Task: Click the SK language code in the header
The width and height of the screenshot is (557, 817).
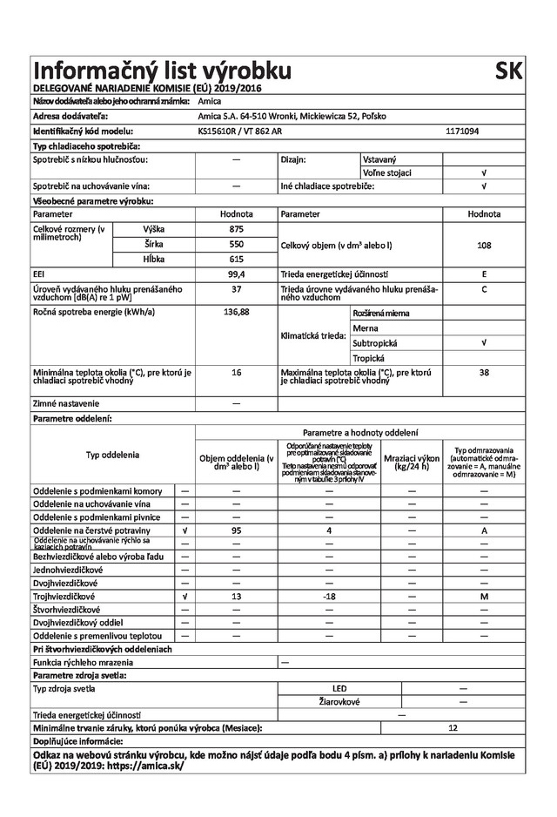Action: pyautogui.click(x=509, y=71)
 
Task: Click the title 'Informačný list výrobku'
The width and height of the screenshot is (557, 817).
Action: pyautogui.click(x=161, y=71)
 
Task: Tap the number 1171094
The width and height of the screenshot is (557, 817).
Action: pyautogui.click(x=463, y=131)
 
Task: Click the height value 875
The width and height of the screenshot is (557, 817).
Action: pyautogui.click(x=236, y=228)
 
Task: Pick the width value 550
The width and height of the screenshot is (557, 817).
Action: pyautogui.click(x=236, y=244)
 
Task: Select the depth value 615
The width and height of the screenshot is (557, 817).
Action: pyautogui.click(x=236, y=259)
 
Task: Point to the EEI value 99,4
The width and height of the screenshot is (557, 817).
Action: pyautogui.click(x=236, y=273)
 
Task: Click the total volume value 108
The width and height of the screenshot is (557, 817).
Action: pyautogui.click(x=484, y=246)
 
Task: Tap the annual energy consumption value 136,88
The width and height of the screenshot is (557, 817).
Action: pyautogui.click(x=236, y=311)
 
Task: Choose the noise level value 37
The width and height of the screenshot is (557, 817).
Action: pyautogui.click(x=236, y=288)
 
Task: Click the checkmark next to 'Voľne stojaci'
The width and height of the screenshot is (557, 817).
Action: pyautogui.click(x=484, y=173)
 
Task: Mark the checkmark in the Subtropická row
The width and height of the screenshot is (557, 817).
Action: pyautogui.click(x=484, y=342)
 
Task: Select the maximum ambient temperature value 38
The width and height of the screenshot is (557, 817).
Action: pyautogui.click(x=484, y=373)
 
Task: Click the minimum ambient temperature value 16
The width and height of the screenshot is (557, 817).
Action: pyautogui.click(x=236, y=373)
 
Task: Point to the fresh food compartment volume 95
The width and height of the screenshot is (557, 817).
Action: pyautogui.click(x=236, y=530)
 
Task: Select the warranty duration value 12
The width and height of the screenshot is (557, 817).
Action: pyautogui.click(x=453, y=727)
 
